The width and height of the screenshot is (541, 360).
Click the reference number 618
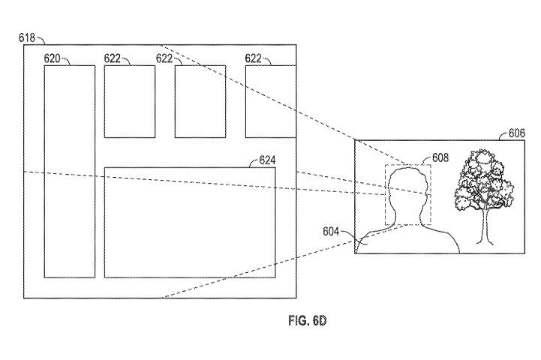point(27,37)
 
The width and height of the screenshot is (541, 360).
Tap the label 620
point(52,58)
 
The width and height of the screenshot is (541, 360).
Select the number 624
point(267,160)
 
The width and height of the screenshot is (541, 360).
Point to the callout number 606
point(517,133)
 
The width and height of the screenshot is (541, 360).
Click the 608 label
point(440,157)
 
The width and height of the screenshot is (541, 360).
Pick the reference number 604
point(331,232)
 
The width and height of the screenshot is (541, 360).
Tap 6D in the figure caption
point(319,321)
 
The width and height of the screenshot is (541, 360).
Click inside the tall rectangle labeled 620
point(70,172)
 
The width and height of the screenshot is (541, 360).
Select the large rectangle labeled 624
point(190,223)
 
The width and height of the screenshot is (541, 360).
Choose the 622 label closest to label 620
point(113,58)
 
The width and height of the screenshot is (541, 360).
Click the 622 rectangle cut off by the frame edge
point(271,101)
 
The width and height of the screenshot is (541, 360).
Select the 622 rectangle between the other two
point(200,101)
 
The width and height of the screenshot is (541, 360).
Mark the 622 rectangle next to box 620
point(130,101)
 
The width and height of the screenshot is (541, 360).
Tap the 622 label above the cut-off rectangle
point(254,58)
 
